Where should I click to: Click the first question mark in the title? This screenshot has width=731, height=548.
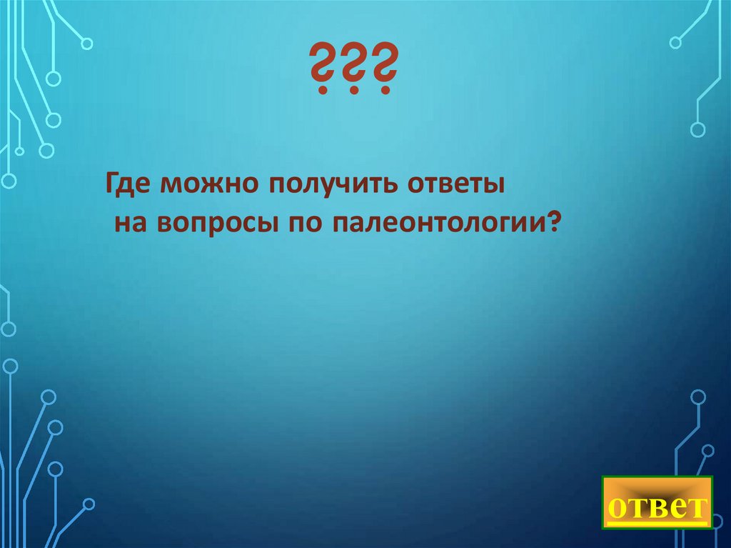(323, 70)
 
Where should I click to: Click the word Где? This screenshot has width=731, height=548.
(129, 186)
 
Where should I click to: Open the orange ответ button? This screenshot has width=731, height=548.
(657, 502)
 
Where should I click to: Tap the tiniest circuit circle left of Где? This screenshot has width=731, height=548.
(19, 151)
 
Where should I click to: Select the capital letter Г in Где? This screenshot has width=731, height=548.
(114, 185)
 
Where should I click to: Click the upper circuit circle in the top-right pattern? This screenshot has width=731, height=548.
(675, 43)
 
